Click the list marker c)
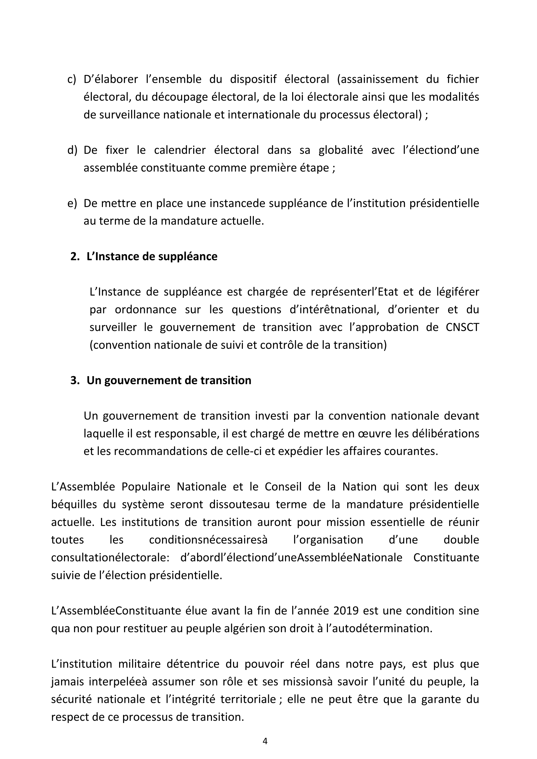click(x=71, y=80)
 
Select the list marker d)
click(x=72, y=151)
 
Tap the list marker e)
click(x=72, y=203)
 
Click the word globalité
click(x=341, y=151)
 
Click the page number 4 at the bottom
click(x=265, y=741)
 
